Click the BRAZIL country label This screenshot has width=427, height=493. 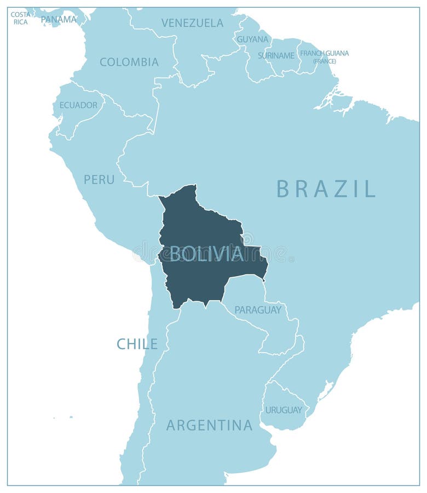click(x=326, y=188)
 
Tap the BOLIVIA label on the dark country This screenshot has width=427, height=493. click(x=206, y=254)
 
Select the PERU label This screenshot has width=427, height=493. click(x=99, y=179)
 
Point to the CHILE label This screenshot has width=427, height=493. click(x=137, y=344)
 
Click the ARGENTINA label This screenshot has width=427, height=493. click(x=209, y=425)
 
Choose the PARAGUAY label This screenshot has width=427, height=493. click(x=258, y=310)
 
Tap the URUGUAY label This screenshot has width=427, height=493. click(x=284, y=410)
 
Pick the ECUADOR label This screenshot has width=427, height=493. click(x=78, y=105)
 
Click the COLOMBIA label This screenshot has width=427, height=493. click(x=129, y=62)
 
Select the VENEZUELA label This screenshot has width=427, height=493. click(x=192, y=23)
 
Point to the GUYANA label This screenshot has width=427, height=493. click(x=252, y=39)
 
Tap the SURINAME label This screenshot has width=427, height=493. click(x=276, y=55)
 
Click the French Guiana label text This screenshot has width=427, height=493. click(x=324, y=53)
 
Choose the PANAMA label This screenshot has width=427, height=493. click(x=59, y=19)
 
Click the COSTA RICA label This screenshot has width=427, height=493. click(x=21, y=18)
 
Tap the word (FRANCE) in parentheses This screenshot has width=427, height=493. click(x=324, y=61)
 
